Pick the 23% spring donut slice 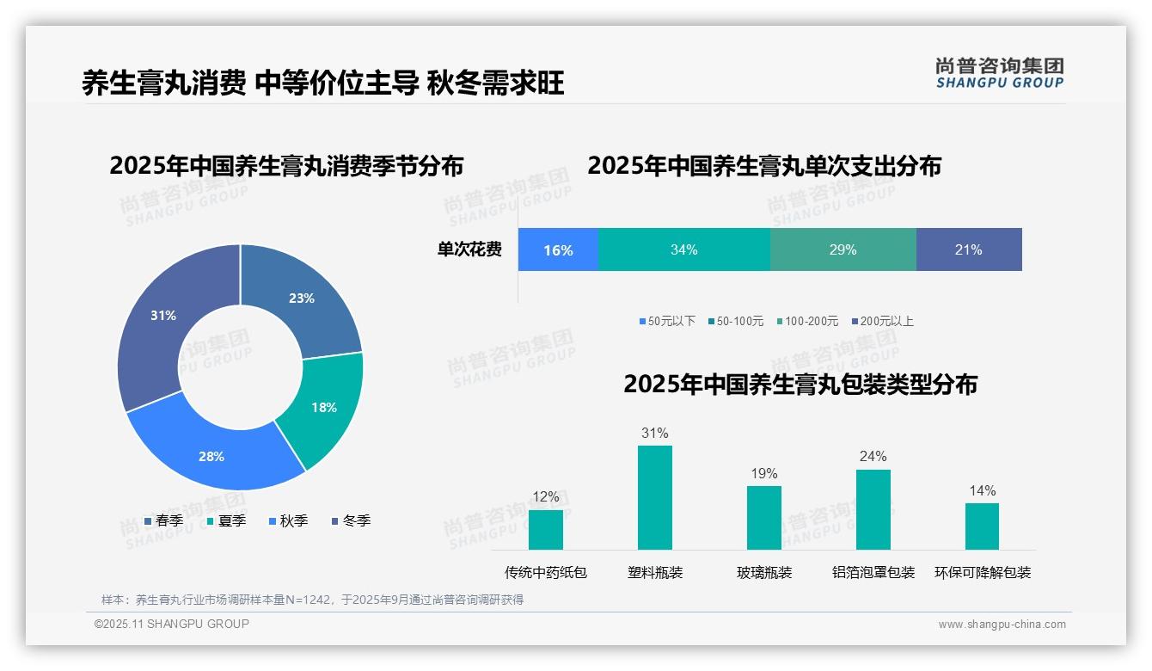(301, 297)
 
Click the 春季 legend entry (163, 520)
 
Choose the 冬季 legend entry (350, 520)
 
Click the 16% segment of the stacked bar (558, 249)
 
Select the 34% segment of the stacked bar (684, 249)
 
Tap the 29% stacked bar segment (843, 249)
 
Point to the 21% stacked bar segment (969, 249)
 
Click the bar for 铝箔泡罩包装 (873, 509)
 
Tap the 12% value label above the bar (546, 496)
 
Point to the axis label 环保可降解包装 (983, 572)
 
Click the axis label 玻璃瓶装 (764, 572)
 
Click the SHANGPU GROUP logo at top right (1000, 73)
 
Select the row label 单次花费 (469, 249)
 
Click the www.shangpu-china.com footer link (1002, 625)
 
